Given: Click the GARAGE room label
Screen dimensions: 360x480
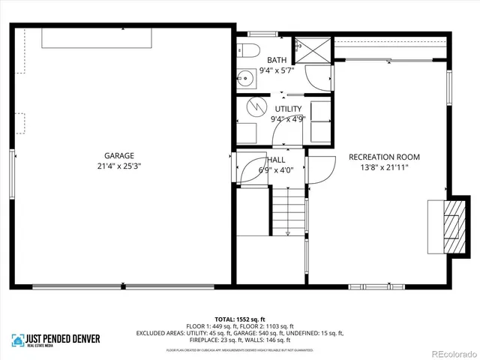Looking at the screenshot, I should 118,157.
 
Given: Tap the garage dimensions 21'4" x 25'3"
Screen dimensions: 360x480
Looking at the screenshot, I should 118,166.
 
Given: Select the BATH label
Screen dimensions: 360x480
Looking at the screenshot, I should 277,61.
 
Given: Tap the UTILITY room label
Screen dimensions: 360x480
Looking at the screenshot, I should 287,109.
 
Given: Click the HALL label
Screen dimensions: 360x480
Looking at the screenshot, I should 276,160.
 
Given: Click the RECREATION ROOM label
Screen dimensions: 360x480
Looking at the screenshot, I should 384,157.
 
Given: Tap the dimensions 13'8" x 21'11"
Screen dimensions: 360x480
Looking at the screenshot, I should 384,166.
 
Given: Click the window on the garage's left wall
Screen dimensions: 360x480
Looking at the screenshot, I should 12,174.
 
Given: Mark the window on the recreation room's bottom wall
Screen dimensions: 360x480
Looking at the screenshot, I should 378,286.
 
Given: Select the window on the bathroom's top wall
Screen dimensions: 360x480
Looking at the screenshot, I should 262,34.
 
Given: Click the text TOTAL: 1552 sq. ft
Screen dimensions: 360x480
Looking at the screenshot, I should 239,317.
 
